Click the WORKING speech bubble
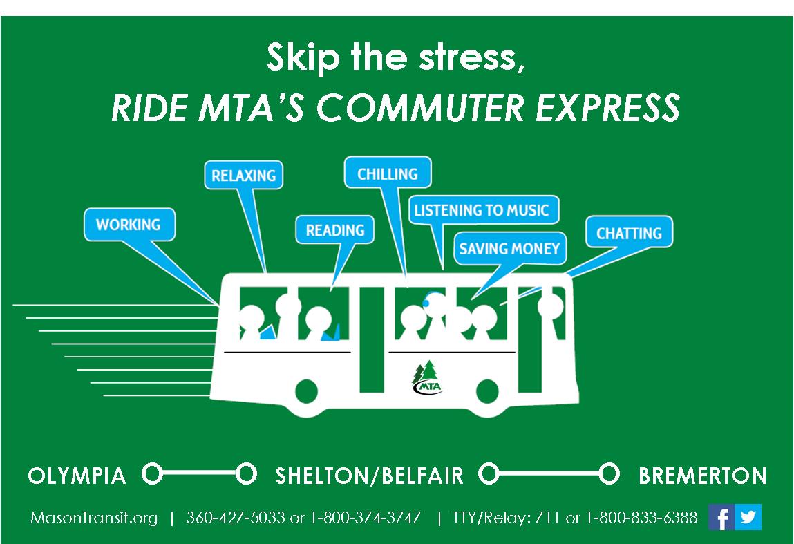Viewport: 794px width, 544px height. coord(129,225)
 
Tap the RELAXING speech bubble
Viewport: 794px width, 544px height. coord(243,176)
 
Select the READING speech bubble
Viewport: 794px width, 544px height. coord(334,230)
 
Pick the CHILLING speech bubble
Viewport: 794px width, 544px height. coord(388,173)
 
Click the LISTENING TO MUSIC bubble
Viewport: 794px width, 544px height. coord(484,209)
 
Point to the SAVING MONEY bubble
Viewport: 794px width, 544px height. coord(509,248)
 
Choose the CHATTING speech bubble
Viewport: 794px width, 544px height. coord(630,232)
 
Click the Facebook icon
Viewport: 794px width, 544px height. coord(721,517)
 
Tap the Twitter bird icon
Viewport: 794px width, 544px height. coord(748,517)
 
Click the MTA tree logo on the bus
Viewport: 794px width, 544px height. coord(427,377)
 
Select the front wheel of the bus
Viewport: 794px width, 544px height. coord(488,391)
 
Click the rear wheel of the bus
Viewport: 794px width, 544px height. coord(306,391)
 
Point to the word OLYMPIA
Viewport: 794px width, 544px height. coord(77,476)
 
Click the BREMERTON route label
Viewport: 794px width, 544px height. coord(702,476)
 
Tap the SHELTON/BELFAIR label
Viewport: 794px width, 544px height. coord(369,476)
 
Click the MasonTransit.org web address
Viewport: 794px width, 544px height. coord(94,518)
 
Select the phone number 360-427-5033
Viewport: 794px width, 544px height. coord(236,518)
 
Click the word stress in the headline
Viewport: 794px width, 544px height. coord(471,57)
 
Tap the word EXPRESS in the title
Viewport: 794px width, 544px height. coord(607,107)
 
